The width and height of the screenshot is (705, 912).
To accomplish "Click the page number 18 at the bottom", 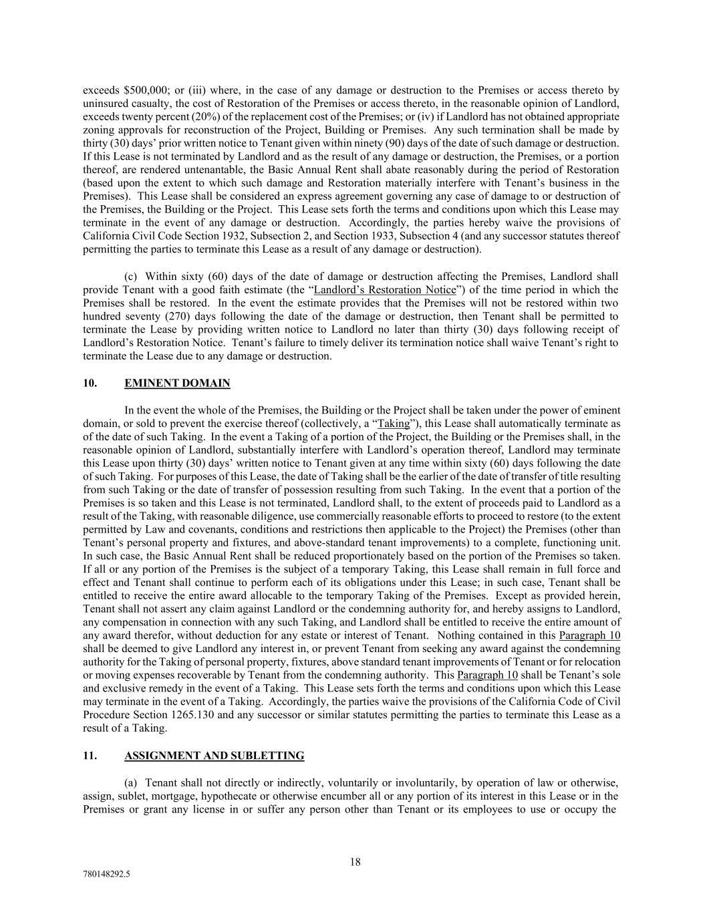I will (355, 862).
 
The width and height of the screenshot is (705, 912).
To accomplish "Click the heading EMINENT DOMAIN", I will (177, 384).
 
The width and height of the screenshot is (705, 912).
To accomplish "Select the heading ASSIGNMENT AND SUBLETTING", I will (214, 756).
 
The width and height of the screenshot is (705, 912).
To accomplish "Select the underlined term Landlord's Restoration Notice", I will (385, 290).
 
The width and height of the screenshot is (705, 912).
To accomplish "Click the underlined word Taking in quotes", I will (394, 424).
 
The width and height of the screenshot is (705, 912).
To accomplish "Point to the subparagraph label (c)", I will (132, 277).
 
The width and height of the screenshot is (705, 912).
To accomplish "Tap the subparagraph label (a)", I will (132, 782).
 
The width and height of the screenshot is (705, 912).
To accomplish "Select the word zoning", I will (98, 130).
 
